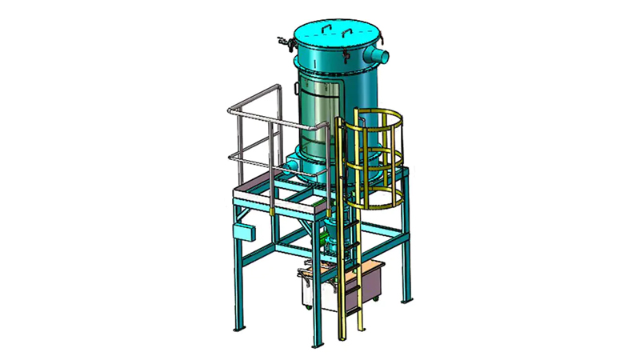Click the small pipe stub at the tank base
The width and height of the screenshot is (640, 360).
pos(291,163)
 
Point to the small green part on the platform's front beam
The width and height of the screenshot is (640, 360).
pos(273,211)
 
